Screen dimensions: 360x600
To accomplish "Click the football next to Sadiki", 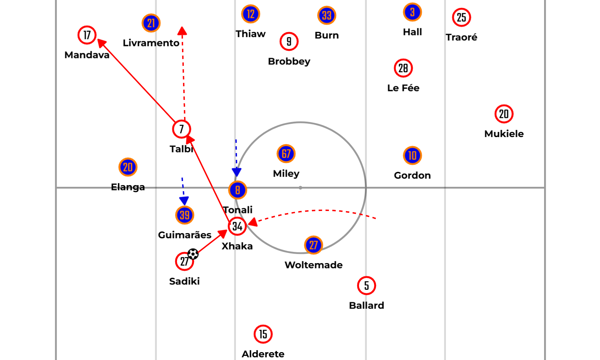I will (x=193, y=254).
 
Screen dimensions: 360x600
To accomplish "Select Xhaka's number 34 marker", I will (x=237, y=226).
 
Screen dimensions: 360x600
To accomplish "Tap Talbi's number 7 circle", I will (x=181, y=129).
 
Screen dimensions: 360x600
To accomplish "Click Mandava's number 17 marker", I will (x=87, y=35).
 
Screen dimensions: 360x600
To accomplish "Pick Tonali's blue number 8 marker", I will (x=238, y=190).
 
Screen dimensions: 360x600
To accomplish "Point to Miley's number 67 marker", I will (x=286, y=154).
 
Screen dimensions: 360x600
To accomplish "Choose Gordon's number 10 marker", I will (x=412, y=155).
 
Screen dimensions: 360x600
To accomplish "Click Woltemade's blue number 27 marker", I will (x=314, y=245).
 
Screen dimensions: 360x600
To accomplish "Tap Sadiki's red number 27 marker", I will (x=184, y=261).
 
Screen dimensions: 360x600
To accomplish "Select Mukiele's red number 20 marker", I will (x=504, y=114).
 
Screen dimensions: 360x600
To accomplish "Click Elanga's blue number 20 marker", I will (x=128, y=167).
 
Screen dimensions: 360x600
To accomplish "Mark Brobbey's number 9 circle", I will (x=289, y=42).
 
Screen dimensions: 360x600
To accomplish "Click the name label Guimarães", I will (x=185, y=235).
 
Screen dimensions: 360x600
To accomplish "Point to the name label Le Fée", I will (x=403, y=88).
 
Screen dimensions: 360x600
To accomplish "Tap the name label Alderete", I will (x=263, y=354).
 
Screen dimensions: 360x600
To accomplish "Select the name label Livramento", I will (x=151, y=43).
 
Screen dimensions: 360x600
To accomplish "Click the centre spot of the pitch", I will (x=300, y=187).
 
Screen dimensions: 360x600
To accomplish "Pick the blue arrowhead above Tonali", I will (x=237, y=172).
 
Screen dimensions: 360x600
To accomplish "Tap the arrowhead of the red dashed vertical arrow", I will (x=182, y=31).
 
